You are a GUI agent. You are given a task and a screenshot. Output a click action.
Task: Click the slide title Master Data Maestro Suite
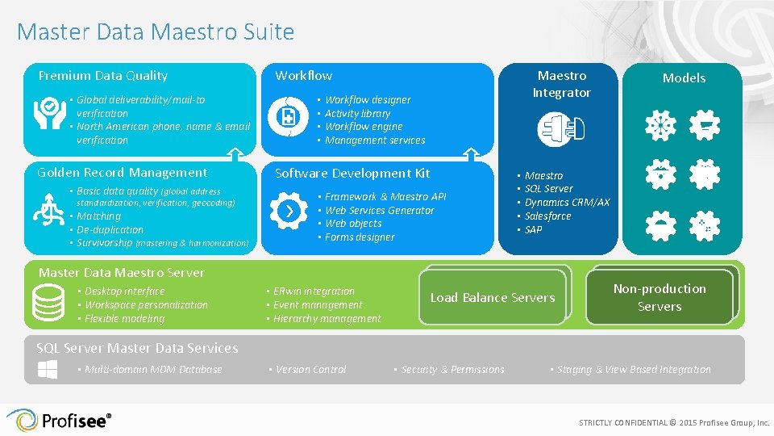tap(155, 32)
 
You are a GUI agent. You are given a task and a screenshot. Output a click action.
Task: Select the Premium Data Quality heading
tap(103, 76)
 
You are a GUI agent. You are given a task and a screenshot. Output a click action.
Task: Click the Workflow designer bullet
tap(368, 100)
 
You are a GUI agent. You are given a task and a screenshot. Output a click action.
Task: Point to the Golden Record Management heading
tap(123, 173)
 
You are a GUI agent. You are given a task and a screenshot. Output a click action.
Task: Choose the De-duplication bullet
tap(110, 230)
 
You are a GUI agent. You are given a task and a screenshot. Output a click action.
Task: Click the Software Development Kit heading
tap(352, 174)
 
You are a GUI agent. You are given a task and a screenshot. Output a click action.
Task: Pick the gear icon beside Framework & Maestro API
tap(288, 211)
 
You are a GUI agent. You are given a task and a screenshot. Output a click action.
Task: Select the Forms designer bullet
tap(360, 237)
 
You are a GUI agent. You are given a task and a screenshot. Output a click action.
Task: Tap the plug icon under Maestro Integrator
tap(561, 129)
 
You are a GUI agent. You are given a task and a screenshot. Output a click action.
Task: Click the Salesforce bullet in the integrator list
tap(547, 216)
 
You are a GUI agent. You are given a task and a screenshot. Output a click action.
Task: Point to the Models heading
tap(684, 78)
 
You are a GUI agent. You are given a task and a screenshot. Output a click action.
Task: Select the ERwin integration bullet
tap(314, 291)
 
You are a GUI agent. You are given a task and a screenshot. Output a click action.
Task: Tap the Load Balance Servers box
tap(493, 298)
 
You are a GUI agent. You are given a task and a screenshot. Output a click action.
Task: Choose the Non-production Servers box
tap(660, 297)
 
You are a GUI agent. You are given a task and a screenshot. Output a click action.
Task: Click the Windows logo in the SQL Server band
tap(47, 370)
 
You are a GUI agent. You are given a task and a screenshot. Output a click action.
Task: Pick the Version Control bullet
tap(310, 370)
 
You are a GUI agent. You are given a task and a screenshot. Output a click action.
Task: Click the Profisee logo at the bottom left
tap(58, 421)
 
